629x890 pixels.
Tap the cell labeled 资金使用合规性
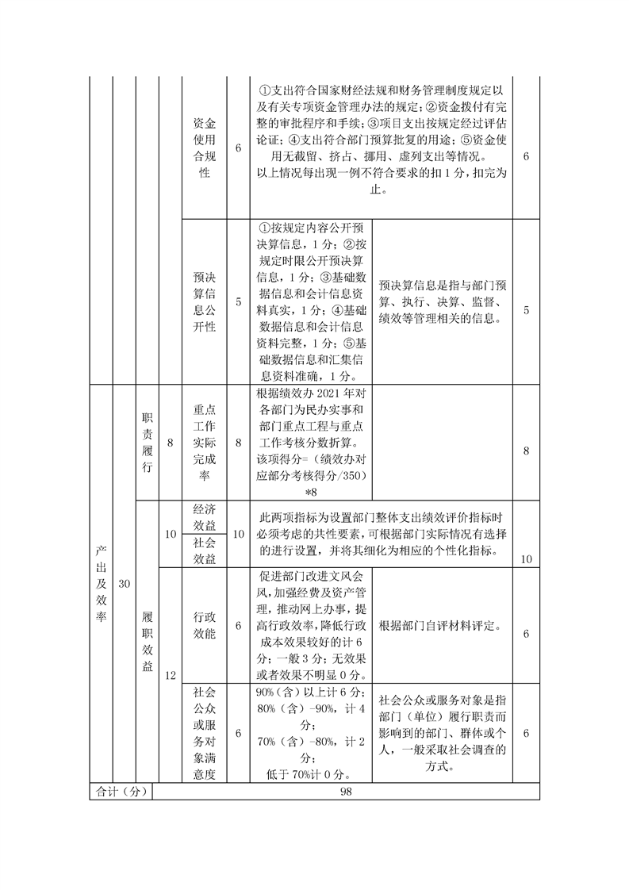[205, 148]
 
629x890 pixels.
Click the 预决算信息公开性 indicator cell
[205, 301]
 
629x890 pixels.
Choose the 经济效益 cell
[205, 517]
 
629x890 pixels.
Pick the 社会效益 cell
[205, 550]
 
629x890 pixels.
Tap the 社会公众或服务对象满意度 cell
[205, 734]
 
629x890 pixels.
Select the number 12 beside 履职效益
[170, 675]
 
